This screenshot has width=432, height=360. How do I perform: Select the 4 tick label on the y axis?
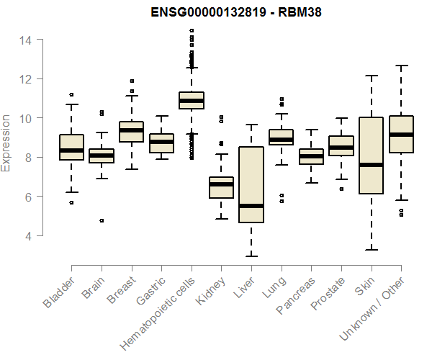pyautogui.click(x=27, y=235)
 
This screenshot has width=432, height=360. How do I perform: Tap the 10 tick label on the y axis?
pyautogui.click(x=24, y=118)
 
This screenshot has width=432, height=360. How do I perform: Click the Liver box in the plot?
pyautogui.click(x=251, y=184)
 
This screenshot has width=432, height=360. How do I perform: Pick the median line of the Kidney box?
pyautogui.click(x=221, y=184)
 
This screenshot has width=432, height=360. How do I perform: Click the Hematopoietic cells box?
pyautogui.click(x=192, y=100)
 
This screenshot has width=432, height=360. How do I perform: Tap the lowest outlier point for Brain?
pyautogui.click(x=102, y=220)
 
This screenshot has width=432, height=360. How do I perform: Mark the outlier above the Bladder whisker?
pyautogui.click(x=71, y=94)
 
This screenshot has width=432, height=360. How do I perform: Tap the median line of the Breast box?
pyautogui.click(x=131, y=130)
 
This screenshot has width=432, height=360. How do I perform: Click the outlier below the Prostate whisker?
pyautogui.click(x=341, y=189)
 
